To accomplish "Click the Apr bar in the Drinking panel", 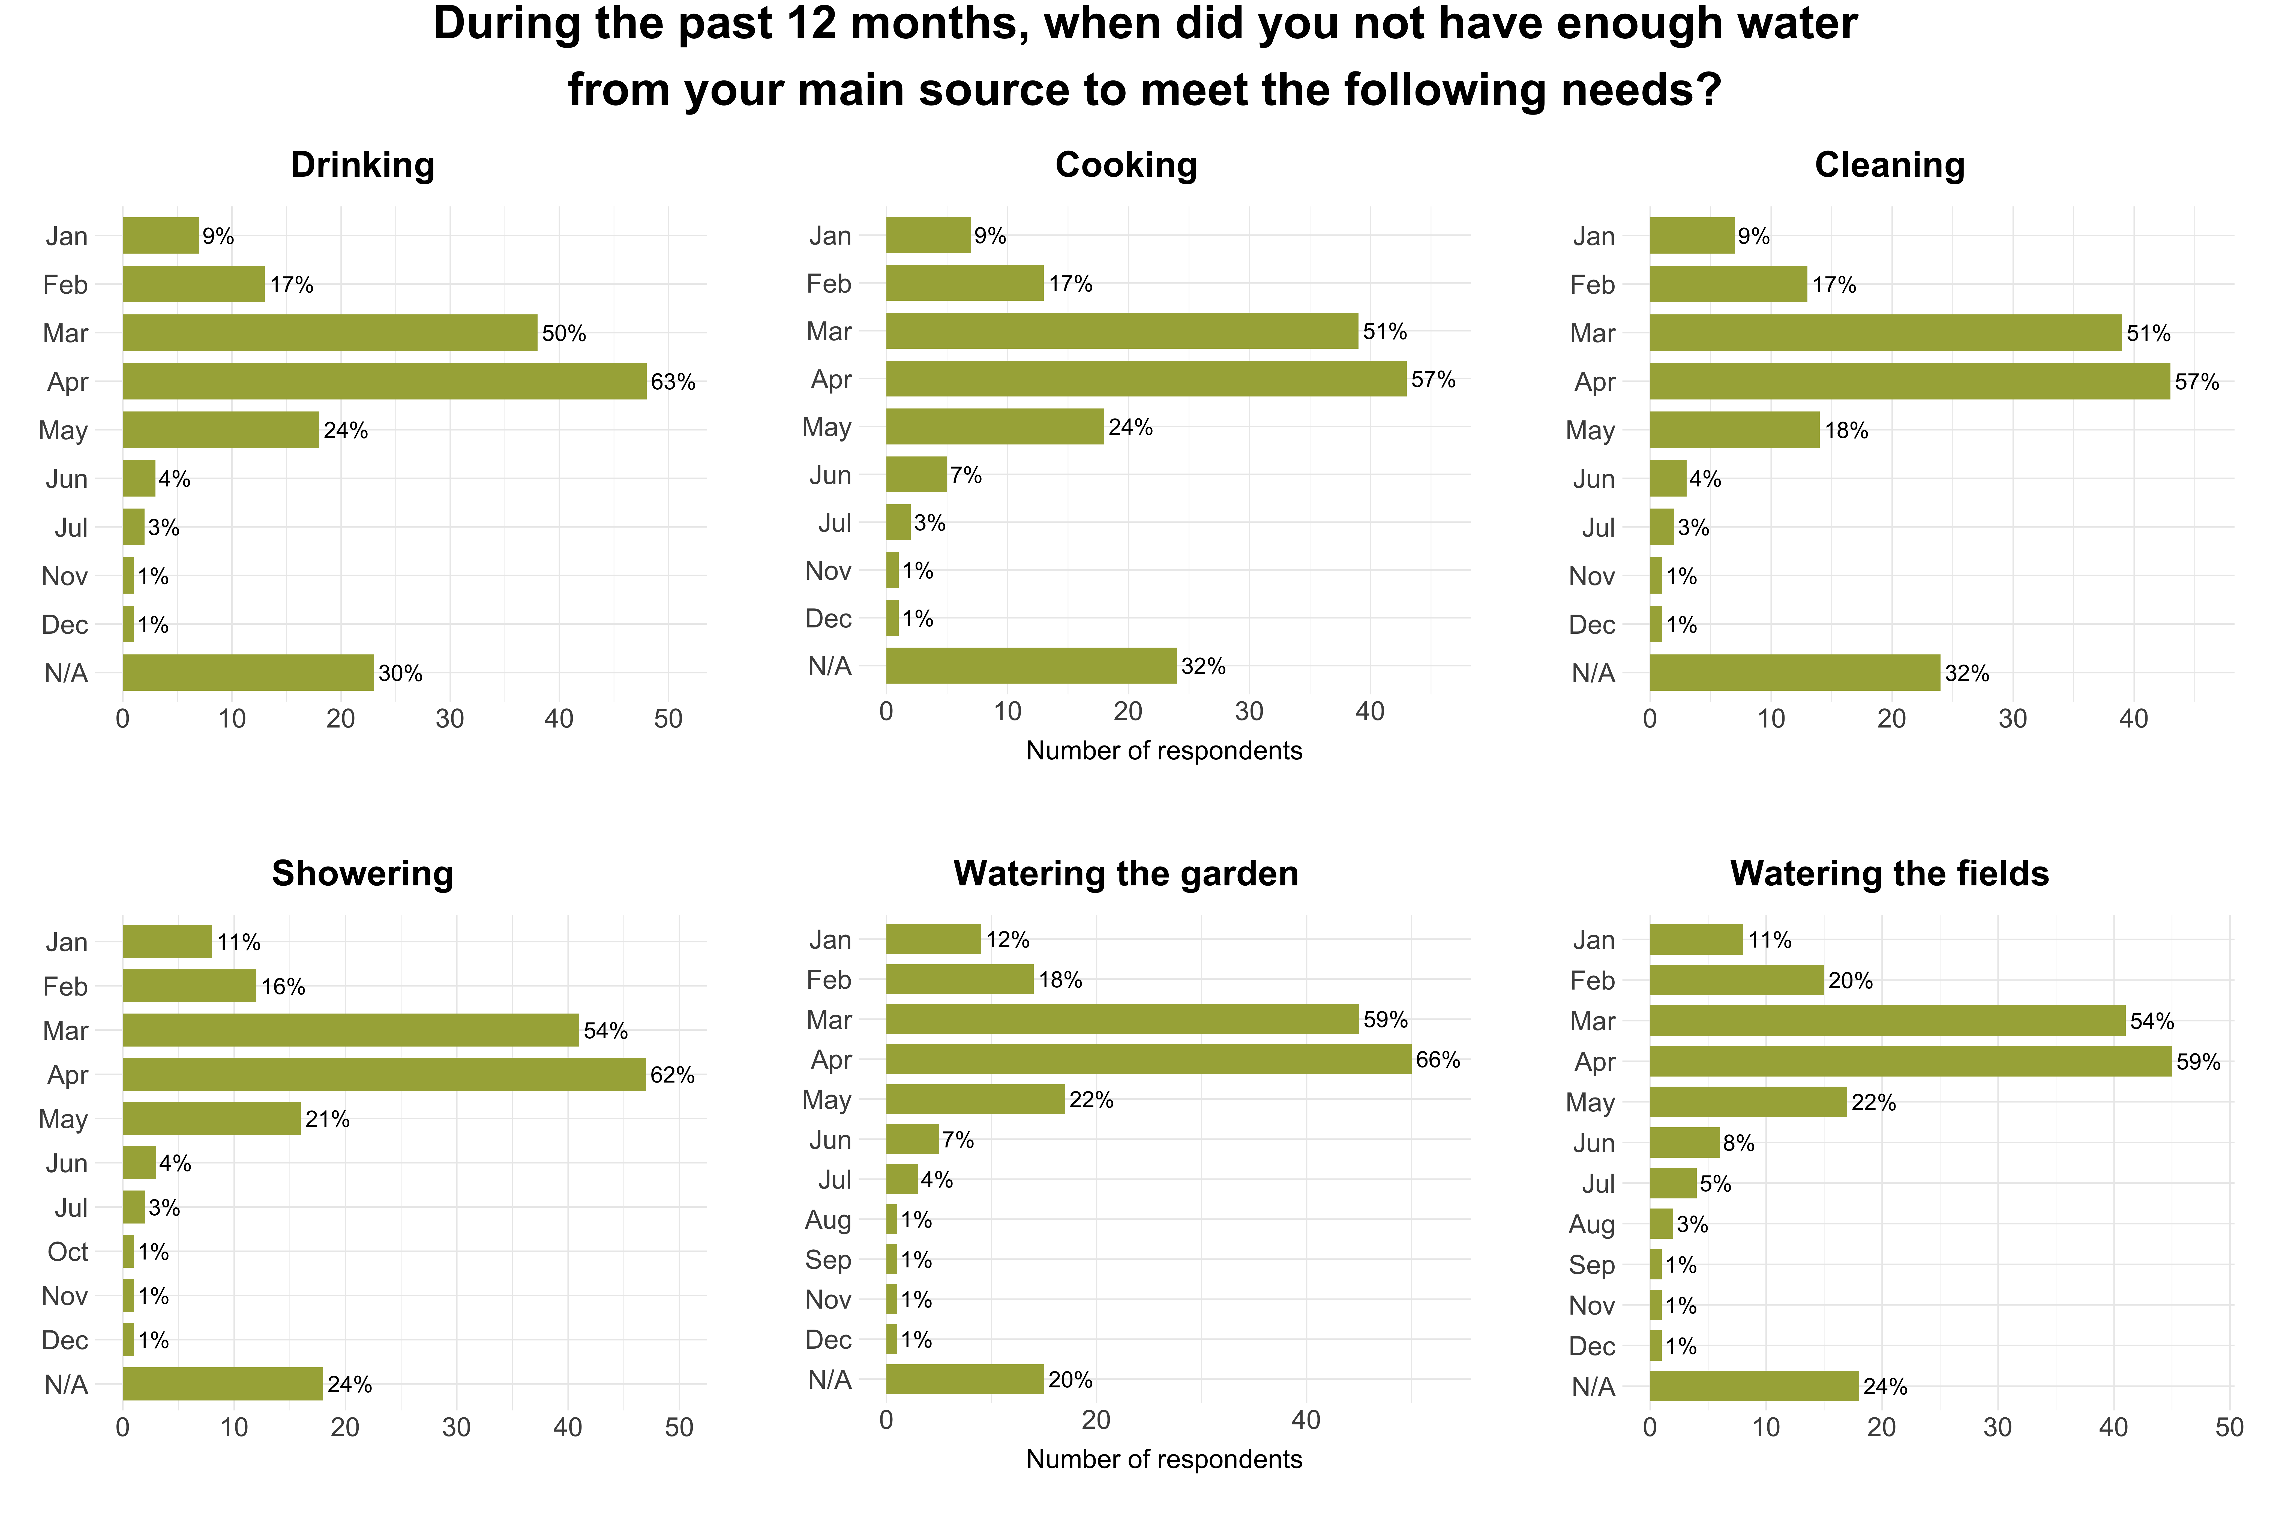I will pyautogui.click(x=384, y=382).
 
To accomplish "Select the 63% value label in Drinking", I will pyautogui.click(x=673, y=382).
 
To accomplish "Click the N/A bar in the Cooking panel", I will pyautogui.click(x=1031, y=666).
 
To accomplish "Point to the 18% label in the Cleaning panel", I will pyautogui.click(x=1846, y=431).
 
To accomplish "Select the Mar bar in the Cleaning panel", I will pyautogui.click(x=1885, y=333).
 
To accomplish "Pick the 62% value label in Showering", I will pyautogui.click(x=672, y=1075).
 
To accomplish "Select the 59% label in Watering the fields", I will pyautogui.click(x=2199, y=1062).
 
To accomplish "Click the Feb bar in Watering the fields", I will pyautogui.click(x=1736, y=981).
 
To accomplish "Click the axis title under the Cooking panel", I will pyautogui.click(x=1164, y=751).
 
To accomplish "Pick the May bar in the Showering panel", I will pyautogui.click(x=211, y=1119).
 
